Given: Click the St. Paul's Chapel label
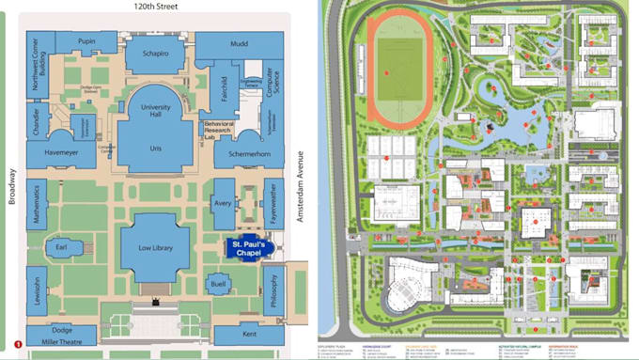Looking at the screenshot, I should pyautogui.click(x=248, y=249).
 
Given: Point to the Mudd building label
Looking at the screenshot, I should pyautogui.click(x=238, y=43).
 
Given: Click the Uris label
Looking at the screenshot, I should pyautogui.click(x=155, y=149).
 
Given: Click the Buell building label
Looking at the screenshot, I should pyautogui.click(x=218, y=283).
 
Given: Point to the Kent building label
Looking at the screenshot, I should pyautogui.click(x=249, y=334).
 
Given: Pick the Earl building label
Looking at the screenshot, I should pyautogui.click(x=62, y=247).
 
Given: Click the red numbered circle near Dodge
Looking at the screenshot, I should pyautogui.click(x=18, y=345).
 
